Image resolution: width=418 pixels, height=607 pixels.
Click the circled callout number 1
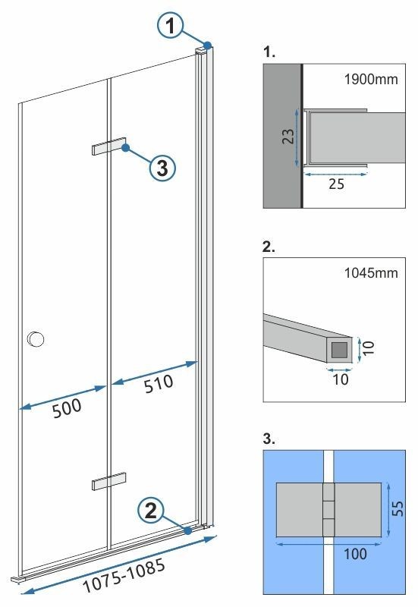[x=171, y=27]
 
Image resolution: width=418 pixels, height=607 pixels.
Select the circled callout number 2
[x=151, y=510]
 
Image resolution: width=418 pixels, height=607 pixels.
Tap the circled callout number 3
[x=161, y=168]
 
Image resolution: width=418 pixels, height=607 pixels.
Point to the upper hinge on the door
[x=106, y=147]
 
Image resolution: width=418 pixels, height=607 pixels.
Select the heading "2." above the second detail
[x=267, y=247]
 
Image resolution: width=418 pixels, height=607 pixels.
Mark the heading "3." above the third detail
[x=267, y=439]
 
